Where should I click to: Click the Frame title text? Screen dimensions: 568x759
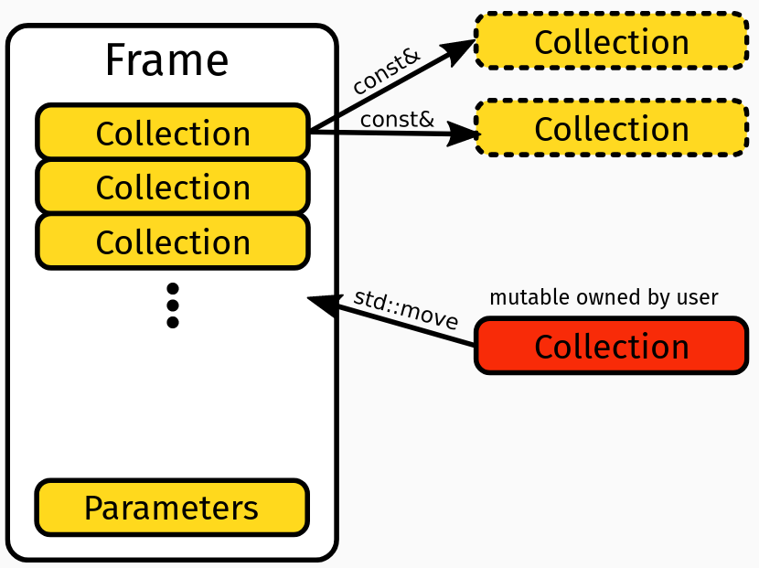[166, 60]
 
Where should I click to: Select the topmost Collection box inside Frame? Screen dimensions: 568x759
[173, 133]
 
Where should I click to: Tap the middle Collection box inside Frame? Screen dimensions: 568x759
[173, 187]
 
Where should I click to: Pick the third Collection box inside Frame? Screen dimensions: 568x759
[173, 241]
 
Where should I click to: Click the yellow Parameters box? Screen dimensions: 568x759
[172, 508]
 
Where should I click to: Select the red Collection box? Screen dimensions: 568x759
[611, 346]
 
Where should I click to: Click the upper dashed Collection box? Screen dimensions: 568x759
[611, 41]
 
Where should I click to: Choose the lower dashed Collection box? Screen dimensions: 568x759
[611, 128]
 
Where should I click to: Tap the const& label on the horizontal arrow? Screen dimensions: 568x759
[396, 119]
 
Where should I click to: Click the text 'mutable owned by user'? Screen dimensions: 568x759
[604, 297]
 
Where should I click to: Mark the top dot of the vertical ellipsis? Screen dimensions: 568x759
[172, 289]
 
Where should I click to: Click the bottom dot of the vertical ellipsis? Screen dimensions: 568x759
[172, 322]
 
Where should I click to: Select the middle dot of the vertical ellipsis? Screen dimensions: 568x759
[172, 305]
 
